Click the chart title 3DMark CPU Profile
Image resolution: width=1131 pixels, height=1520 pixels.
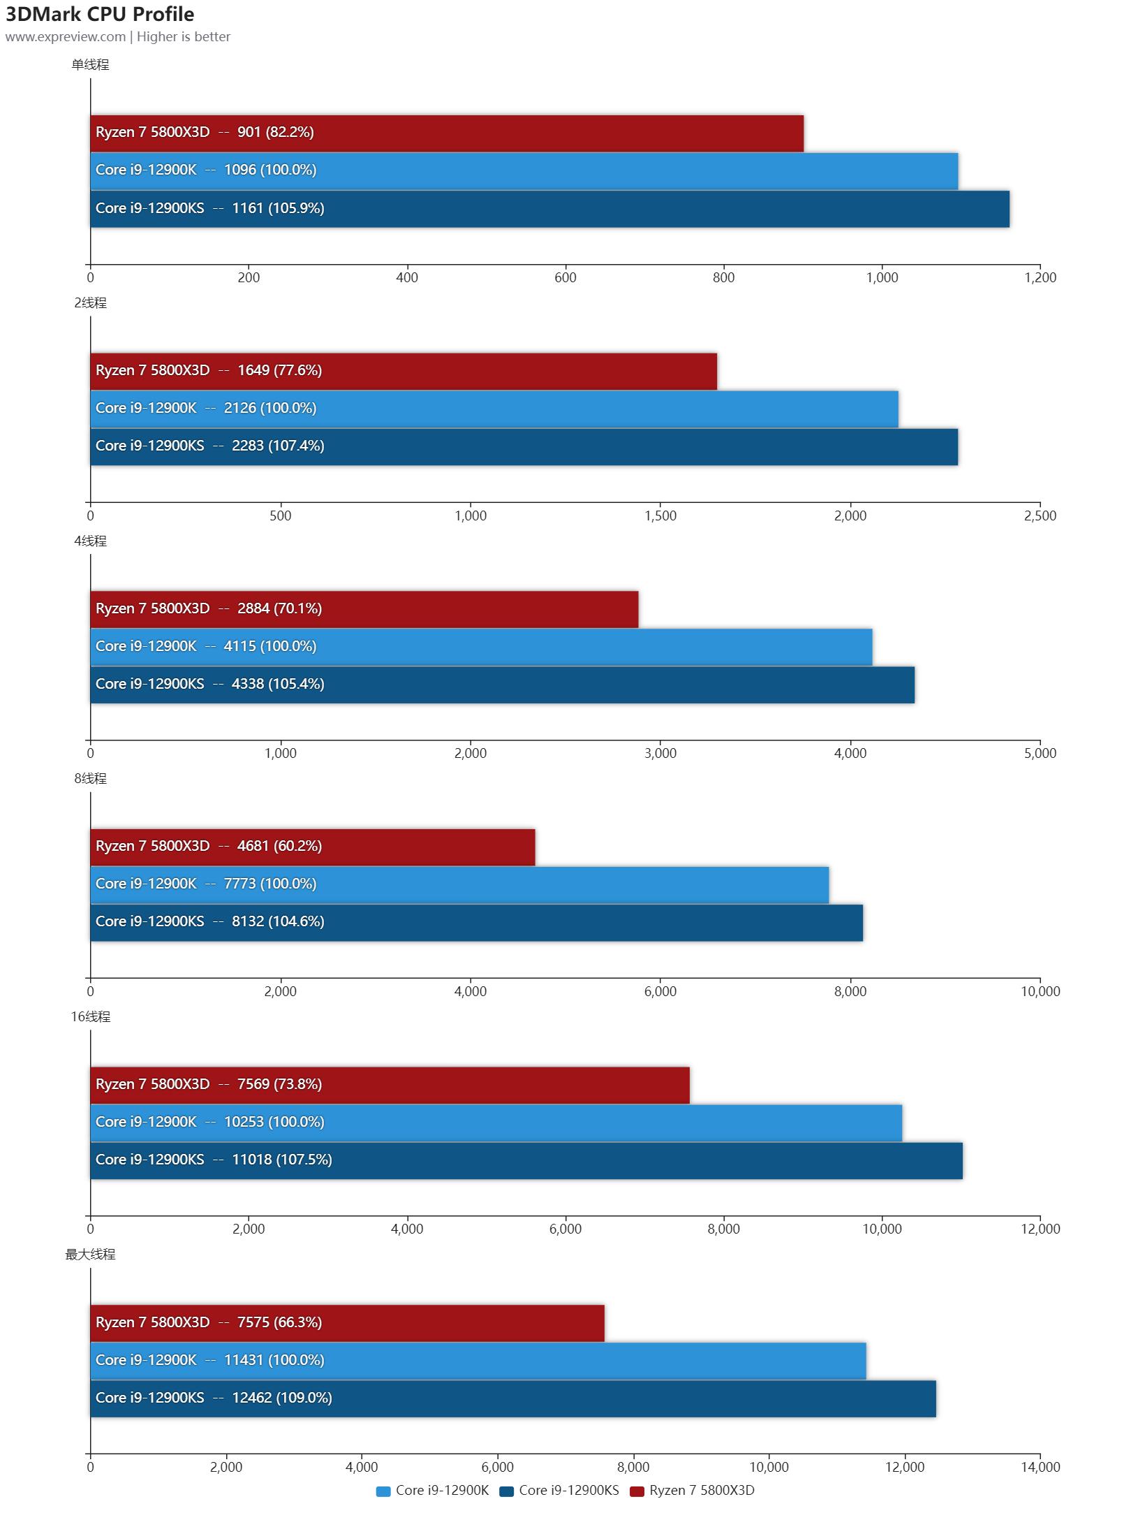click(100, 14)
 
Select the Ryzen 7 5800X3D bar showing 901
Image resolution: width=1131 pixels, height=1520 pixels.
click(447, 133)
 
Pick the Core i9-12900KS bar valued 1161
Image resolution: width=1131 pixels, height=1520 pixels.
click(549, 208)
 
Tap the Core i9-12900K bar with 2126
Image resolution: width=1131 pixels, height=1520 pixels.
click(494, 409)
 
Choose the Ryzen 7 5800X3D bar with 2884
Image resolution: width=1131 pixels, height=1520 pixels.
click(364, 609)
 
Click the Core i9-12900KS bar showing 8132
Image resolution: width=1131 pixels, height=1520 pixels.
click(476, 922)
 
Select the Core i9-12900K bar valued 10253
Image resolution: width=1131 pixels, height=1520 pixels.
click(496, 1123)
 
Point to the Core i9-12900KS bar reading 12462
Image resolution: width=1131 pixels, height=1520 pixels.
click(513, 1398)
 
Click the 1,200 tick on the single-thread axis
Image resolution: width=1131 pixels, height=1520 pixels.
click(1040, 278)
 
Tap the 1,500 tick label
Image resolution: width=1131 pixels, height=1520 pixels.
click(660, 516)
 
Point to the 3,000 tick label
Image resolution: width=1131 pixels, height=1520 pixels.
click(660, 754)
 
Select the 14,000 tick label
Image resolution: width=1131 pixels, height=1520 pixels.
click(1040, 1468)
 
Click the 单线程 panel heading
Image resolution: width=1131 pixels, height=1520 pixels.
click(90, 65)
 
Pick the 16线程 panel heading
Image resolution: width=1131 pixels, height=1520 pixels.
click(90, 1017)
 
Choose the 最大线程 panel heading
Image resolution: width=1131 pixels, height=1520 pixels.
click(90, 1255)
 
